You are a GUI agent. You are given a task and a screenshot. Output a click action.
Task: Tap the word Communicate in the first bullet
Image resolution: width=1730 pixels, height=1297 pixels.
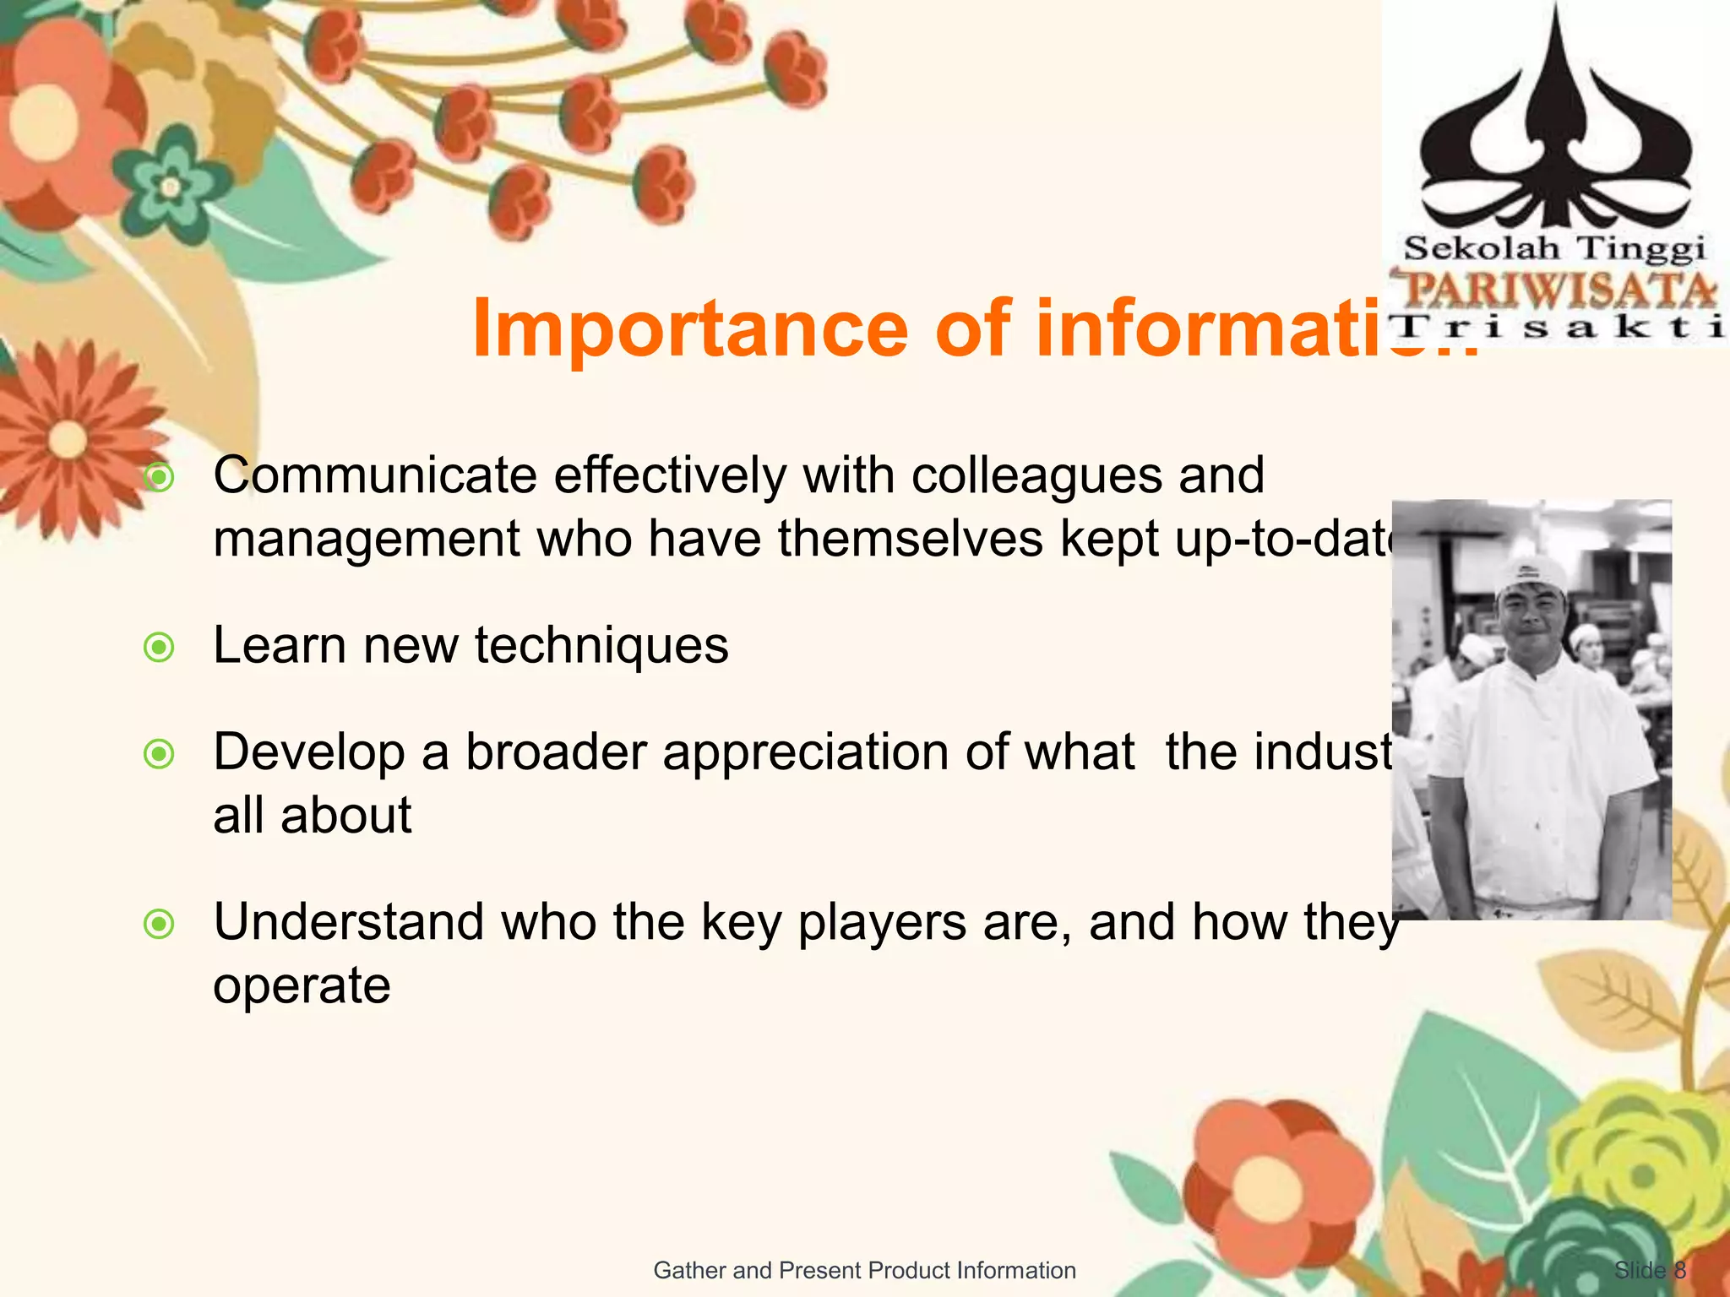coord(375,475)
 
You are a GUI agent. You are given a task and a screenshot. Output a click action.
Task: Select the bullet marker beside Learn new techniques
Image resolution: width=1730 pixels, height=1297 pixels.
coord(159,648)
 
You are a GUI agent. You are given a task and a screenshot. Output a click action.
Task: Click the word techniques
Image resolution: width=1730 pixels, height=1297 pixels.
coord(601,646)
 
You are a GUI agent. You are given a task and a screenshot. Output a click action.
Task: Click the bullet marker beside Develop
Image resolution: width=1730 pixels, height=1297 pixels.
coord(159,754)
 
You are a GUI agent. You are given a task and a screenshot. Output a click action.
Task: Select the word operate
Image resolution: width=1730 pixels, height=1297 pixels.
coord(302,986)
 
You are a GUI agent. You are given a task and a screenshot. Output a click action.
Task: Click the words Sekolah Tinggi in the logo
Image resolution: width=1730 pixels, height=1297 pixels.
coord(1554,249)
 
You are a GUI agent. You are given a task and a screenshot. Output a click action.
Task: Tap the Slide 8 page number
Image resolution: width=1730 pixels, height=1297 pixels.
coord(1650,1270)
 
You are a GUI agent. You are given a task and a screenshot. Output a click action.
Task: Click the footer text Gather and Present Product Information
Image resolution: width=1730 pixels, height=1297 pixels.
coord(864,1270)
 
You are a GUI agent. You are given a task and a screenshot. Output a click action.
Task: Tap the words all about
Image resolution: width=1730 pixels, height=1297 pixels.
coord(312,816)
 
